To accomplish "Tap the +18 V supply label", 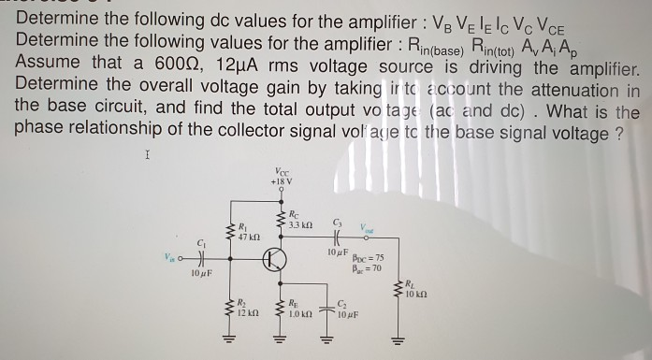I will [x=283, y=180].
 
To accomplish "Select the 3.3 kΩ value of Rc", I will [x=298, y=226].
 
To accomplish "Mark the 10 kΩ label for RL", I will [x=415, y=295].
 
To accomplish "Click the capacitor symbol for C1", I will [x=198, y=261].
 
